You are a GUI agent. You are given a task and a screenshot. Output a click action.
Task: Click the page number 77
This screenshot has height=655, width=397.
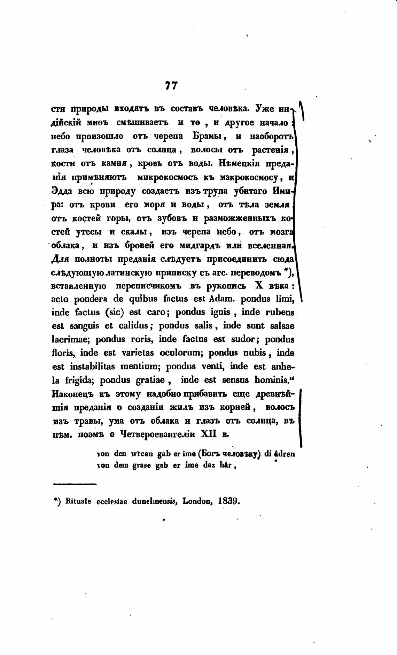click(171, 86)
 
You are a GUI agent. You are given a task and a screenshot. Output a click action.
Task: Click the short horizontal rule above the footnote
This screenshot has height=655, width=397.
click(75, 484)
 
